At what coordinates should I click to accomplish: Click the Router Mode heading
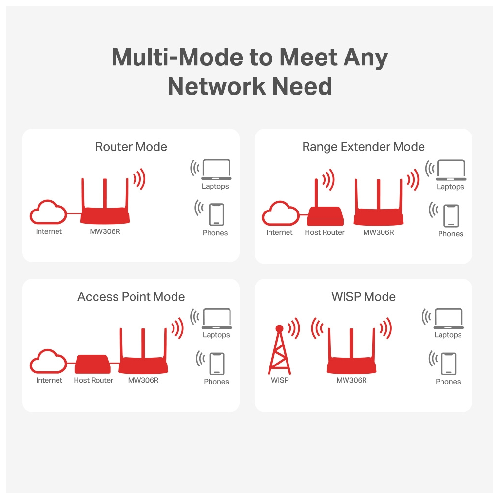click(x=131, y=147)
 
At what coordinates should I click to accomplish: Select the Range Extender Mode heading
click(x=364, y=147)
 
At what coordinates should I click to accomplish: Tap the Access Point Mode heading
click(x=131, y=297)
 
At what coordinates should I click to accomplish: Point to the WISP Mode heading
click(x=364, y=297)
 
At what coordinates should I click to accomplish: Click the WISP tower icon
click(x=279, y=351)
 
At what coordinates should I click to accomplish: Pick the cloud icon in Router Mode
click(x=48, y=212)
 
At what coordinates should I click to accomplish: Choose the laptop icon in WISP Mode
click(x=448, y=319)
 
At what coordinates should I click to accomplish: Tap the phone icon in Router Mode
click(x=216, y=214)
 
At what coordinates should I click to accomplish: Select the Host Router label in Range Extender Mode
click(x=325, y=232)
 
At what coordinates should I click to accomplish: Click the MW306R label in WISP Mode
click(x=351, y=380)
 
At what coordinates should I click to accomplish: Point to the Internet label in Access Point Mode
click(x=49, y=380)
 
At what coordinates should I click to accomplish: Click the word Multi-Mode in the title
click(x=177, y=58)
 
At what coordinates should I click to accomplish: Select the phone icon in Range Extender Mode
click(x=451, y=215)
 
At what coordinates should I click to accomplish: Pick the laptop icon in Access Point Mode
click(x=217, y=319)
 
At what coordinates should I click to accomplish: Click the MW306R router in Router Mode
click(x=105, y=210)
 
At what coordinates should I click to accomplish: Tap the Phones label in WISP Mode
click(x=448, y=382)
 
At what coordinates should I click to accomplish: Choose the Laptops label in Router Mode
click(x=215, y=186)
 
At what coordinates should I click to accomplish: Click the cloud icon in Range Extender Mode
click(x=280, y=213)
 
